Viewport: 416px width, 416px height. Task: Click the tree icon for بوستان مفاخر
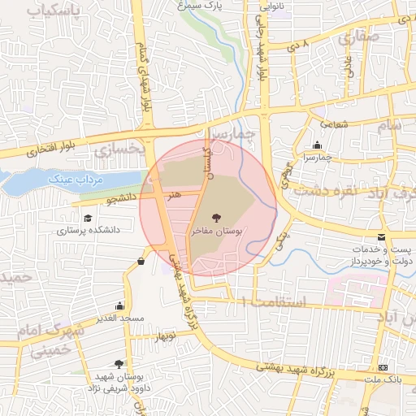click(x=216, y=217)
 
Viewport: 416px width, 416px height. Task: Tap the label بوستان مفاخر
click(x=216, y=232)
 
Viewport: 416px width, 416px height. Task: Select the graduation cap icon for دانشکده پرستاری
click(x=87, y=218)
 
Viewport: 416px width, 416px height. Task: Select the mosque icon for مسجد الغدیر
click(x=120, y=305)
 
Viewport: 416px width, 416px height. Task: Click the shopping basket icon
click(x=142, y=261)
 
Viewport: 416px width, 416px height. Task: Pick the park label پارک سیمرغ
click(x=201, y=6)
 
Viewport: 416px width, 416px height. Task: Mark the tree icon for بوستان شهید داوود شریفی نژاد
click(x=120, y=364)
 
